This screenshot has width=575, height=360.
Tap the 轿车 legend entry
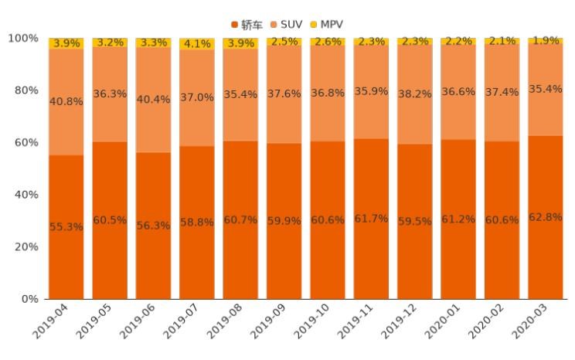[247, 25]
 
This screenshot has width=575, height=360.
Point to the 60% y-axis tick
[23, 143]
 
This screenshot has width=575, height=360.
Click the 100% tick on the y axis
[22, 39]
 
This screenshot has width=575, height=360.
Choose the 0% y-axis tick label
[28, 299]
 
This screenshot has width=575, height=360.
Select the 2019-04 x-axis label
[51, 323]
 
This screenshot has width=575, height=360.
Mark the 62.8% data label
[546, 217]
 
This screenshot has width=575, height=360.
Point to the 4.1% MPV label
[197, 44]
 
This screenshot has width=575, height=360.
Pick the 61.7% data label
[371, 219]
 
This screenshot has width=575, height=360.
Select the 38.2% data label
[415, 94]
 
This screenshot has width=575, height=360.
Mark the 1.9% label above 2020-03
[546, 41]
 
